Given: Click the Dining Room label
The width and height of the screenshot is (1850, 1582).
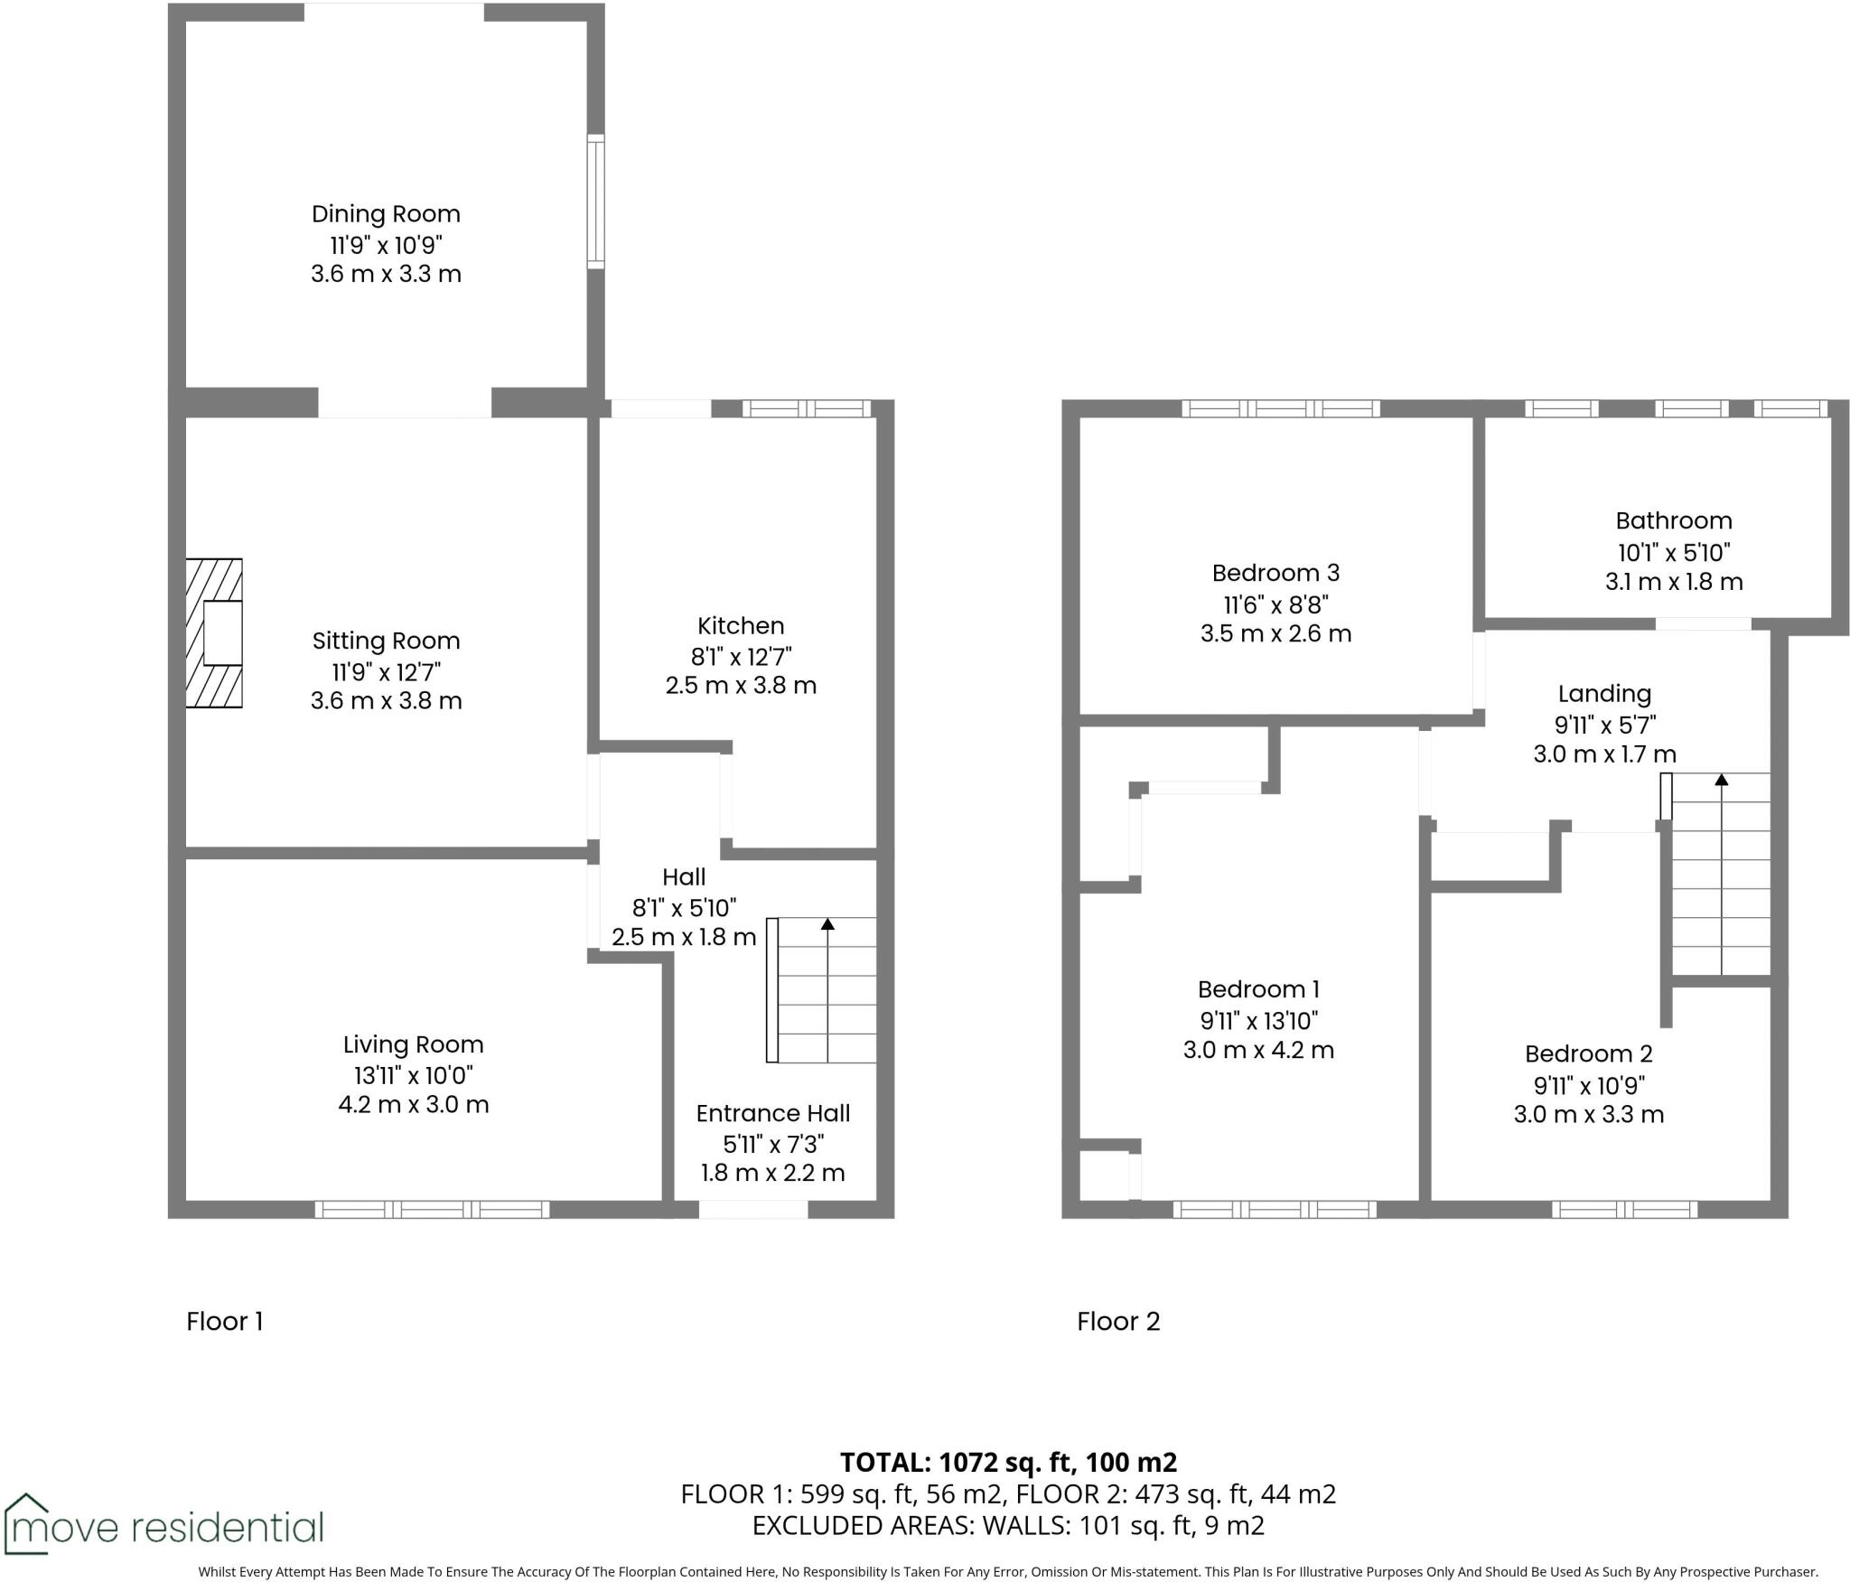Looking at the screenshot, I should pyautogui.click(x=386, y=214).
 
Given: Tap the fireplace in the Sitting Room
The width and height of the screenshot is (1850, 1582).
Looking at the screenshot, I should pyautogui.click(x=214, y=632).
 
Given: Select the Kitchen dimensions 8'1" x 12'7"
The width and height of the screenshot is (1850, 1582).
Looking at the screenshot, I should pyautogui.click(x=741, y=656).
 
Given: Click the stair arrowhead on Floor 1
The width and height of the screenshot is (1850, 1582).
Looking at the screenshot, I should pyautogui.click(x=827, y=924).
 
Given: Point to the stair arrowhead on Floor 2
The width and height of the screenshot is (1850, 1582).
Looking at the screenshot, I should pyautogui.click(x=1722, y=779).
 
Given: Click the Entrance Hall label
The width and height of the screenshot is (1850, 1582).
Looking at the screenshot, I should pyautogui.click(x=773, y=1113).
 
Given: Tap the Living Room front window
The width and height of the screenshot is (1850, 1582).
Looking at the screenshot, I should pyautogui.click(x=432, y=1209).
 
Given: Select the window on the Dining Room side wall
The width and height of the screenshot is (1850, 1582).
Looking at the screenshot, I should pyautogui.click(x=595, y=201).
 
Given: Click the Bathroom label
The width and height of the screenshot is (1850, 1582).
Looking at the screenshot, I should pyautogui.click(x=1674, y=520).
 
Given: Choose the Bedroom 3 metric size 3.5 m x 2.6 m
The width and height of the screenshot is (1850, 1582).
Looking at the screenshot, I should pyautogui.click(x=1275, y=633).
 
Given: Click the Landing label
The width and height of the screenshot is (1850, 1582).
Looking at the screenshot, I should pyautogui.click(x=1604, y=694).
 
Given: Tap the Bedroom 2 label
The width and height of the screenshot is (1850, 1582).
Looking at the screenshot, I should pyautogui.click(x=1588, y=1053).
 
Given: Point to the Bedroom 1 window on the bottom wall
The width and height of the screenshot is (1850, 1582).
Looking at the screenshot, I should pyautogui.click(x=1275, y=1209).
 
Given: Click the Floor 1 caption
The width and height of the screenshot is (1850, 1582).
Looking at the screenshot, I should pyautogui.click(x=224, y=1322).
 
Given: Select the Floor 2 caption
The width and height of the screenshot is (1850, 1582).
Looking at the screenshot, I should pyautogui.click(x=1117, y=1322).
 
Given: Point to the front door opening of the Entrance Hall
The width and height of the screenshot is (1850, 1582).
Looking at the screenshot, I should pyautogui.click(x=752, y=1209).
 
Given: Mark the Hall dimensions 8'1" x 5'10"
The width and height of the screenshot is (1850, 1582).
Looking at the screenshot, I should pyautogui.click(x=684, y=906).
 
